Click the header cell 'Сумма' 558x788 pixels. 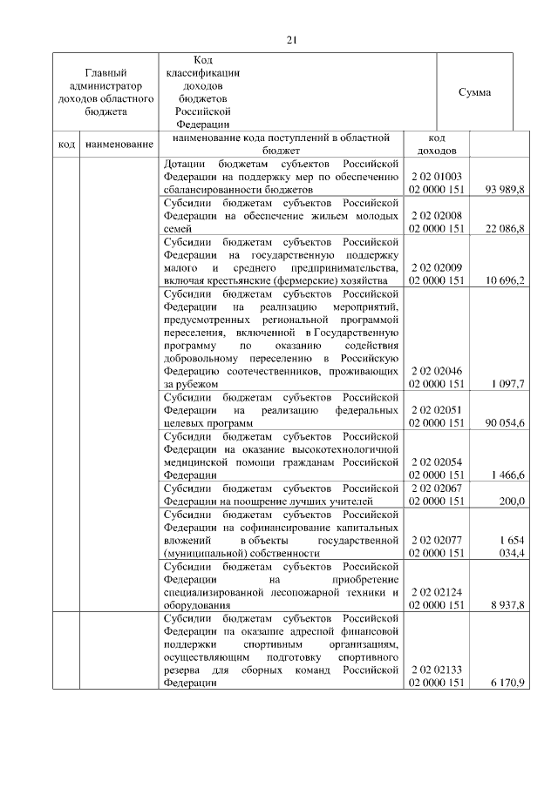coord(474,92)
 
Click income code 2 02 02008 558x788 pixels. coord(437,215)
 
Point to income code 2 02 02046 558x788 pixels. coord(437,371)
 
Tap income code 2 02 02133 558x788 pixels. coord(437,670)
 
